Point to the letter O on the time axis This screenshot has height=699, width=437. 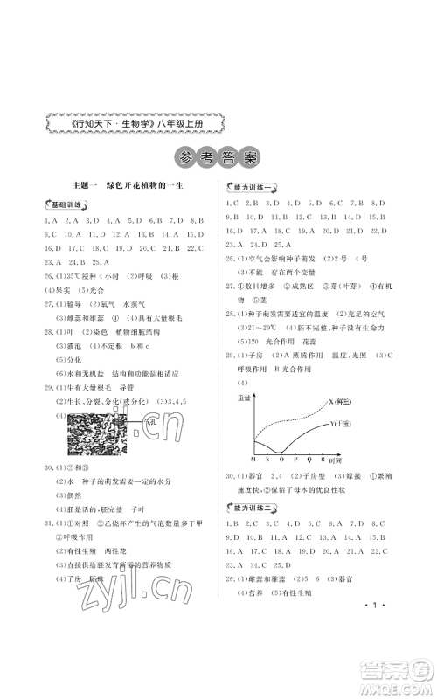(x=281, y=457)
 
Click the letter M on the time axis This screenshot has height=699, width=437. (x=253, y=457)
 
